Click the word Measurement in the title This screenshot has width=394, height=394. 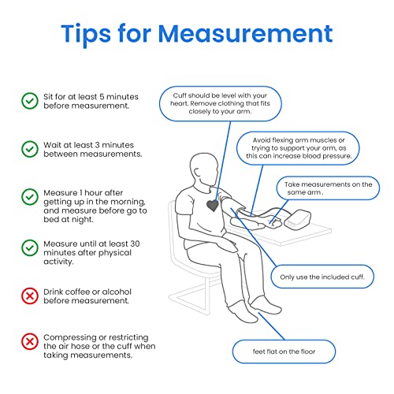pyautogui.click(x=245, y=34)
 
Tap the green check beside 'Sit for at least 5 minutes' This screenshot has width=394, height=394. pyautogui.click(x=30, y=101)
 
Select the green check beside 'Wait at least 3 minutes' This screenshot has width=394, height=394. pyautogui.click(x=30, y=149)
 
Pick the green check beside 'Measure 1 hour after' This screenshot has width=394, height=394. pyautogui.click(x=30, y=197)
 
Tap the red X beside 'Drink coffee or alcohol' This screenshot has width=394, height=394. pyautogui.click(x=30, y=295)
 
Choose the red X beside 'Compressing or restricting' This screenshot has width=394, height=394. pyautogui.click(x=30, y=342)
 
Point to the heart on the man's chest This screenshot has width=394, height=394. pyautogui.click(x=212, y=204)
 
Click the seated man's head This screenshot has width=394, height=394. pyautogui.click(x=204, y=167)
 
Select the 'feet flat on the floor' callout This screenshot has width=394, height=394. pyautogui.click(x=284, y=351)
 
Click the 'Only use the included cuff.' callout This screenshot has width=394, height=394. pyautogui.click(x=322, y=277)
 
